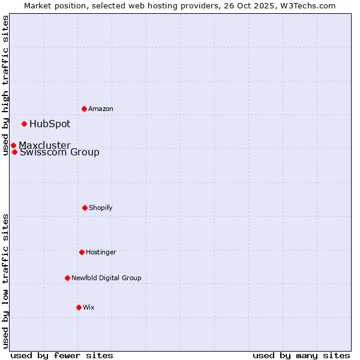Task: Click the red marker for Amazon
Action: (84, 109)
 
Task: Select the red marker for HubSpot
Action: (24, 124)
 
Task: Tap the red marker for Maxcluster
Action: (13, 145)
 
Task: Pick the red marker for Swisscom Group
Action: (14, 152)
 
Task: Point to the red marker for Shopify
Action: (85, 208)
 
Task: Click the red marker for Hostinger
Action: (82, 252)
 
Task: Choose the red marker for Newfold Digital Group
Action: (67, 278)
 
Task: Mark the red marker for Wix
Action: (79, 307)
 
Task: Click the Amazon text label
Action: (101, 109)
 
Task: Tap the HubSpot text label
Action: (50, 124)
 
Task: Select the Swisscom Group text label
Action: (59, 152)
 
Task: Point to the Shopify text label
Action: (101, 208)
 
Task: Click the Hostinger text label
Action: (101, 252)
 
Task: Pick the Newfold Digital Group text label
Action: (106, 278)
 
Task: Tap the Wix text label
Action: (89, 307)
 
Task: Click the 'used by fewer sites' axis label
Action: (62, 355)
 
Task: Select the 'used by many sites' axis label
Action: (301, 355)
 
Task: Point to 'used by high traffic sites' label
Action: (5, 85)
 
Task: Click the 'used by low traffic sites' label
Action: (5, 281)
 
